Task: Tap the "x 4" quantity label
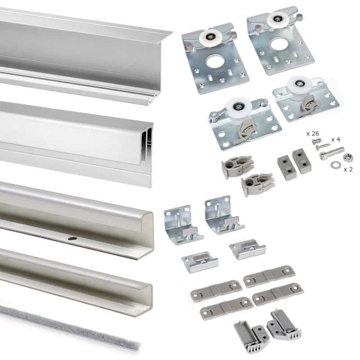coord(336,139)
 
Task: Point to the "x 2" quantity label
coord(348,169)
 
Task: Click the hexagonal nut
coord(347,157)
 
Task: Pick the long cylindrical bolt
coord(333,153)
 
